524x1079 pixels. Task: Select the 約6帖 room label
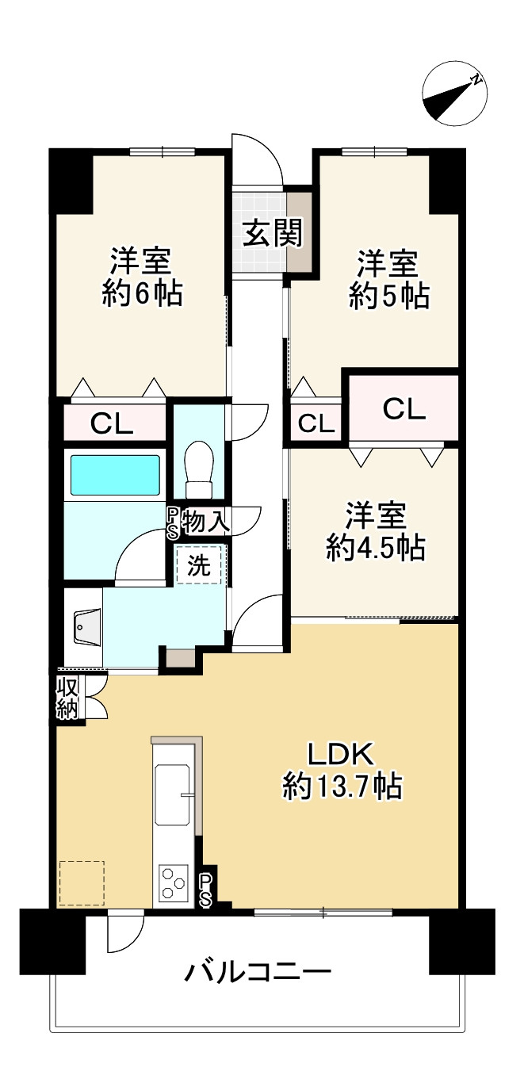(143, 277)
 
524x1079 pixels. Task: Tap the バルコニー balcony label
(258, 972)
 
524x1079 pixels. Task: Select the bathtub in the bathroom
(114, 474)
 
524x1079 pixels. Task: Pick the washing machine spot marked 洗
(199, 566)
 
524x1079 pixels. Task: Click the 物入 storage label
(206, 521)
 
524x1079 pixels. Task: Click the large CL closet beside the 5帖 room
(404, 410)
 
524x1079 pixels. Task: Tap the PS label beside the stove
(205, 890)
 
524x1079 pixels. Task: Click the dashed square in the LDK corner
(82, 883)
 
